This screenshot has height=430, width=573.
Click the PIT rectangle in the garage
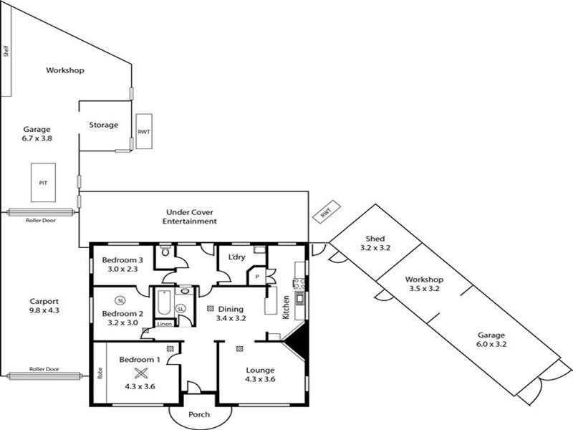coord(43,183)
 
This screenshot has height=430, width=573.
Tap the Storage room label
coord(103,125)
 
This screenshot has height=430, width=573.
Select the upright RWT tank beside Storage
coord(144,131)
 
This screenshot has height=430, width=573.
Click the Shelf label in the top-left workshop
coord(6,51)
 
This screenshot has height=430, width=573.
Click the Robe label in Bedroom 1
coord(100,373)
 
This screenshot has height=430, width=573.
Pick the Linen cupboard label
coord(164,324)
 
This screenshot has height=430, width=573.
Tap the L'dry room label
coord(236,257)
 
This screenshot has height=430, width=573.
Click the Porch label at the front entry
coord(199,415)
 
